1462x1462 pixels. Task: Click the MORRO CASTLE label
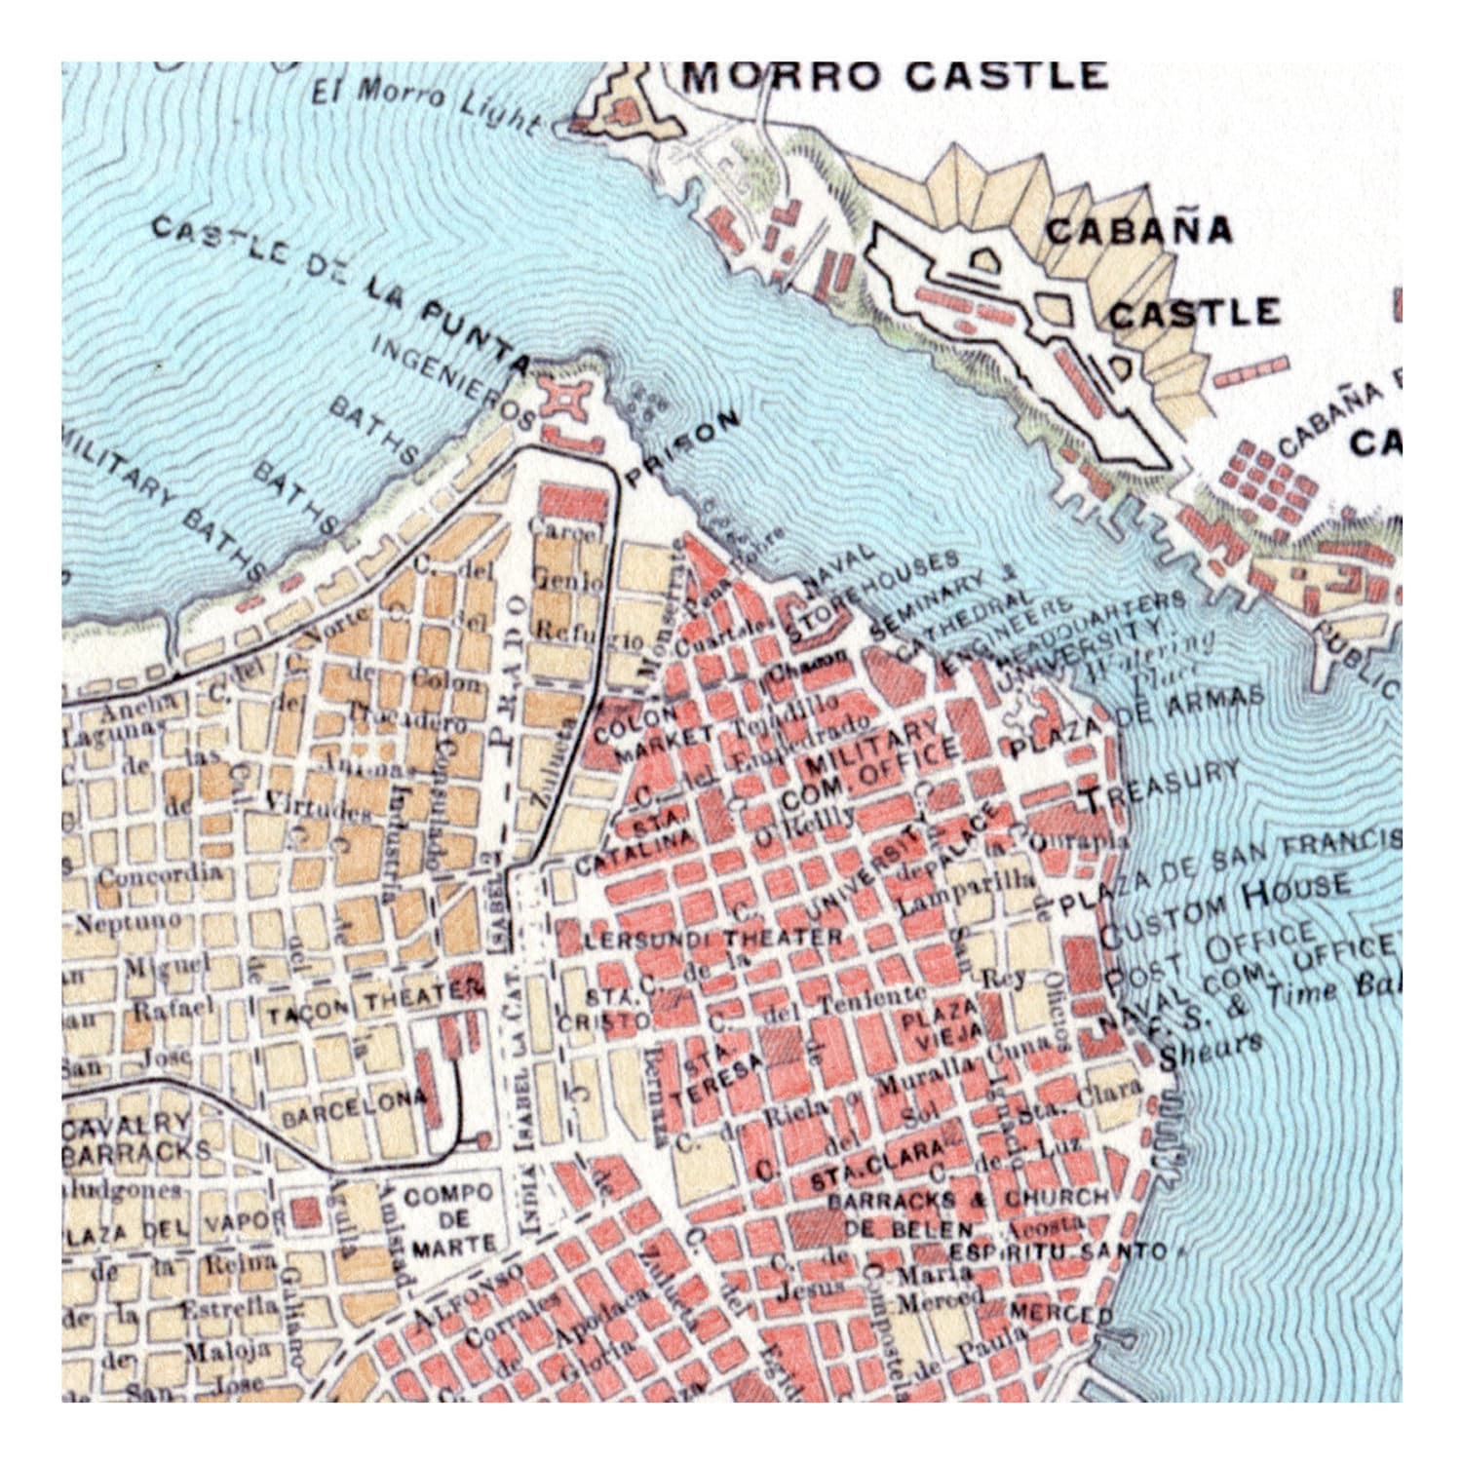click(894, 76)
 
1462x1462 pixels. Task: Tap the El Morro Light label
click(425, 105)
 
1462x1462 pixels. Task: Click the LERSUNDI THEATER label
click(713, 939)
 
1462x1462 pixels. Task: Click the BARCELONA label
click(353, 1108)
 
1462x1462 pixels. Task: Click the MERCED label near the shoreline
click(1058, 1312)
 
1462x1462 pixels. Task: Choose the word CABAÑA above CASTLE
click(1138, 231)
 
